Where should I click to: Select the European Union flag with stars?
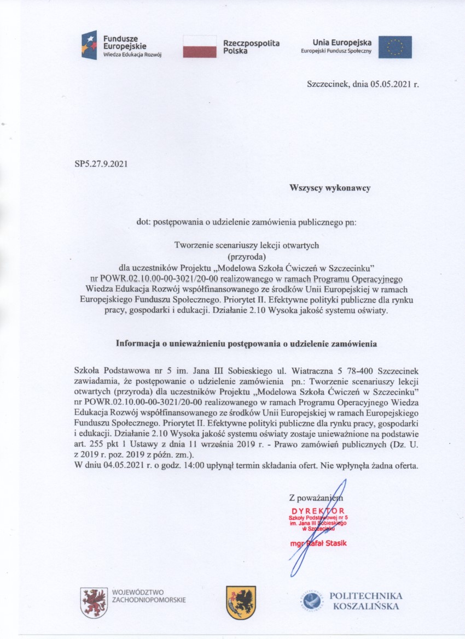[395, 47]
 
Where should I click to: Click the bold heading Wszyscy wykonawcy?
[330, 188]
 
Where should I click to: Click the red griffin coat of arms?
[94, 602]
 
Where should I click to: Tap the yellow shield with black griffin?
[241, 602]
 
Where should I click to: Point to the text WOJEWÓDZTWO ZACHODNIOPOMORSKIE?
[148, 596]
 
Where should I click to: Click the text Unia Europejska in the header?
[342, 42]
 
